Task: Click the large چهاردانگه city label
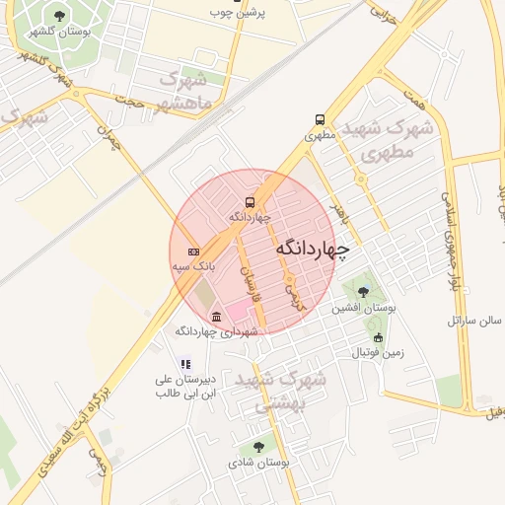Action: click(x=312, y=250)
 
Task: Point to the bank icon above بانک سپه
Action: click(x=193, y=252)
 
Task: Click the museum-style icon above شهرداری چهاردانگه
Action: click(x=216, y=317)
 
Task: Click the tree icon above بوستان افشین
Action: click(x=363, y=292)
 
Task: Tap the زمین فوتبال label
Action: click(x=378, y=352)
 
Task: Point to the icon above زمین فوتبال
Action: click(x=378, y=337)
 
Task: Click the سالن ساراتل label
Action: click(x=475, y=320)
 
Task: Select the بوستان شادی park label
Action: click(x=257, y=462)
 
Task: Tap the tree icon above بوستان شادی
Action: click(x=258, y=447)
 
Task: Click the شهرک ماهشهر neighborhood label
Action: click(x=175, y=92)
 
